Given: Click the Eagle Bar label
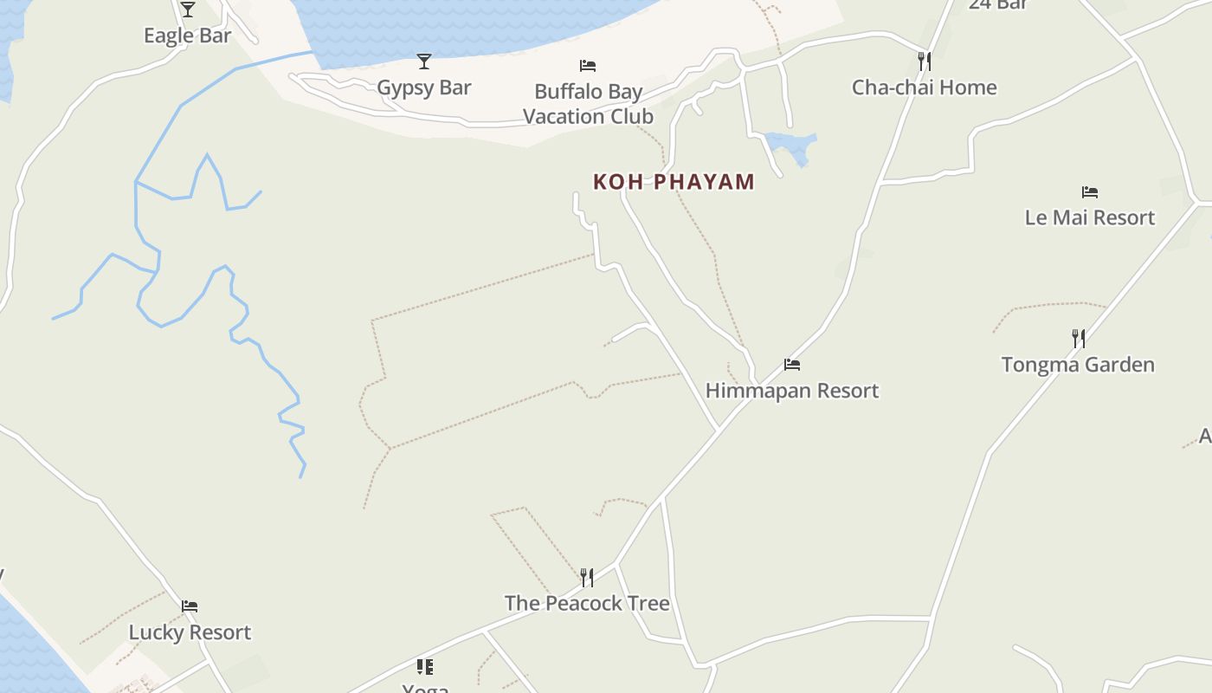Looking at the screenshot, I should [x=187, y=36].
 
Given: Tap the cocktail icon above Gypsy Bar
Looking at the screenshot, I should [x=424, y=61].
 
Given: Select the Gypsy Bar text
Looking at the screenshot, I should [x=424, y=87].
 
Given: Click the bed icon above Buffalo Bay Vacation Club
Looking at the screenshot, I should [x=588, y=65].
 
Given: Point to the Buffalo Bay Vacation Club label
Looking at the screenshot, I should [x=588, y=104].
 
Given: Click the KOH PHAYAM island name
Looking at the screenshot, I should [x=674, y=182].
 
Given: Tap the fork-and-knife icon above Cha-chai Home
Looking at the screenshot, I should [x=925, y=61].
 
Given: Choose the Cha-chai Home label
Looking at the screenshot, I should [x=924, y=87].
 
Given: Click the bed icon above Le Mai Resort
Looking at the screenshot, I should [x=1090, y=191].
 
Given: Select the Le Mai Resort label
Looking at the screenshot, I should [x=1089, y=217].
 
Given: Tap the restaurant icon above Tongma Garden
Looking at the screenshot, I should [x=1079, y=338].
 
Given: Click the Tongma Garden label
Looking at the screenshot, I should [x=1078, y=365].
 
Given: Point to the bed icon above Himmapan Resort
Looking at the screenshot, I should [x=792, y=364].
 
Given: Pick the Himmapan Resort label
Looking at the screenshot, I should [x=792, y=391].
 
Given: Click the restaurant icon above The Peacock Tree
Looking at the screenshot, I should [x=587, y=577].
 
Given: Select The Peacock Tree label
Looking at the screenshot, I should [x=587, y=603].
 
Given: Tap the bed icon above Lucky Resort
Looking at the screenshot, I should [x=190, y=606].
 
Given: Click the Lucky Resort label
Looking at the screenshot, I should [x=190, y=632].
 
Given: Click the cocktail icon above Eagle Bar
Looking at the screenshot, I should [x=188, y=10].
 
